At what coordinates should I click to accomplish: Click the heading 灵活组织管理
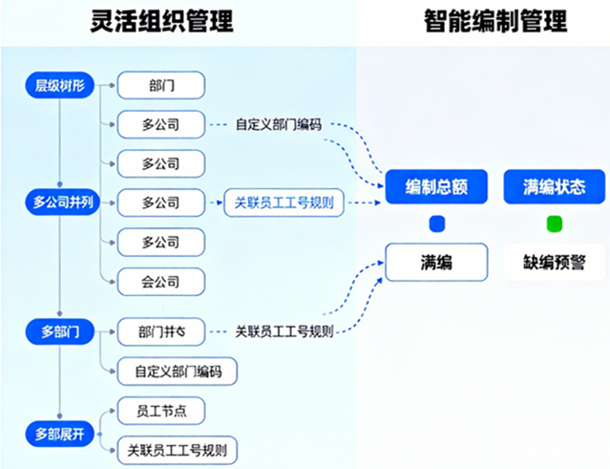pyautogui.click(x=161, y=21)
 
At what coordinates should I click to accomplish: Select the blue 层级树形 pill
pyautogui.click(x=59, y=86)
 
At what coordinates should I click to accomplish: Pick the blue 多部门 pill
pyautogui.click(x=59, y=332)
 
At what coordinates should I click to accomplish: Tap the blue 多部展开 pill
pyautogui.click(x=59, y=435)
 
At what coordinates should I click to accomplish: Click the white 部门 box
pyautogui.click(x=161, y=86)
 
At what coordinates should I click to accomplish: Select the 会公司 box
pyautogui.click(x=161, y=282)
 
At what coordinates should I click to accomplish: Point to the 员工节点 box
pyautogui.click(x=161, y=411)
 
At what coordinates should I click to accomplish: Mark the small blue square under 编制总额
pyautogui.click(x=436, y=224)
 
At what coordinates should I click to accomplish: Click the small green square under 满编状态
pyautogui.click(x=554, y=224)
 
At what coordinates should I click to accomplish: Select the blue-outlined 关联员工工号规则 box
pyautogui.click(x=284, y=203)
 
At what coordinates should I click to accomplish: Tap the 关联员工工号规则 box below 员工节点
pyautogui.click(x=176, y=449)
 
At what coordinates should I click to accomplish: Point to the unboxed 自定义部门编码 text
pyautogui.click(x=278, y=124)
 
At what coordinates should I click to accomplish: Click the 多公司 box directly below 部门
pyautogui.click(x=161, y=124)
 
